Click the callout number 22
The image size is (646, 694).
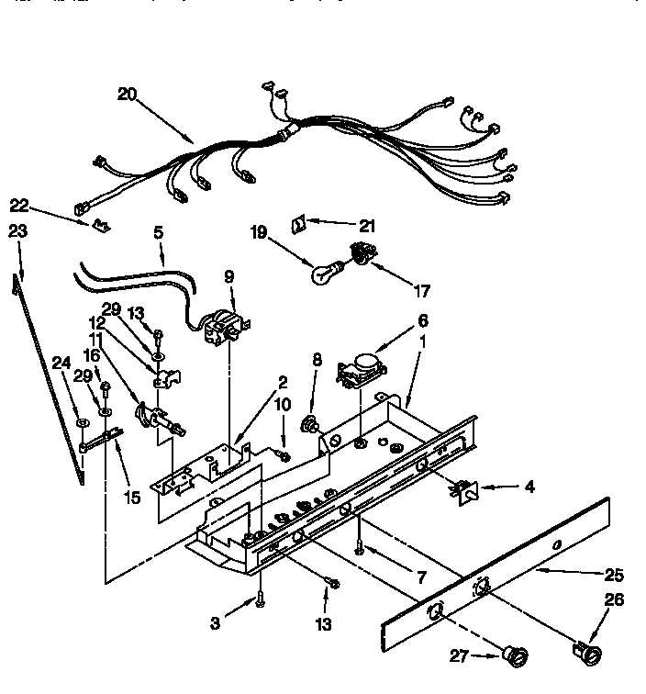pyautogui.click(x=19, y=205)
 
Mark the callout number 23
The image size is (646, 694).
pyautogui.click(x=17, y=231)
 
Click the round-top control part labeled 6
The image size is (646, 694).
pyautogui.click(x=360, y=369)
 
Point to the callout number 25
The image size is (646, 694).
pyautogui.click(x=615, y=576)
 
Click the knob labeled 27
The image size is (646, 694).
pyautogui.click(x=517, y=655)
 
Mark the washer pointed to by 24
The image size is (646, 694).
pyautogui.click(x=82, y=423)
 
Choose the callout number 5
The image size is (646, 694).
pyautogui.click(x=159, y=233)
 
